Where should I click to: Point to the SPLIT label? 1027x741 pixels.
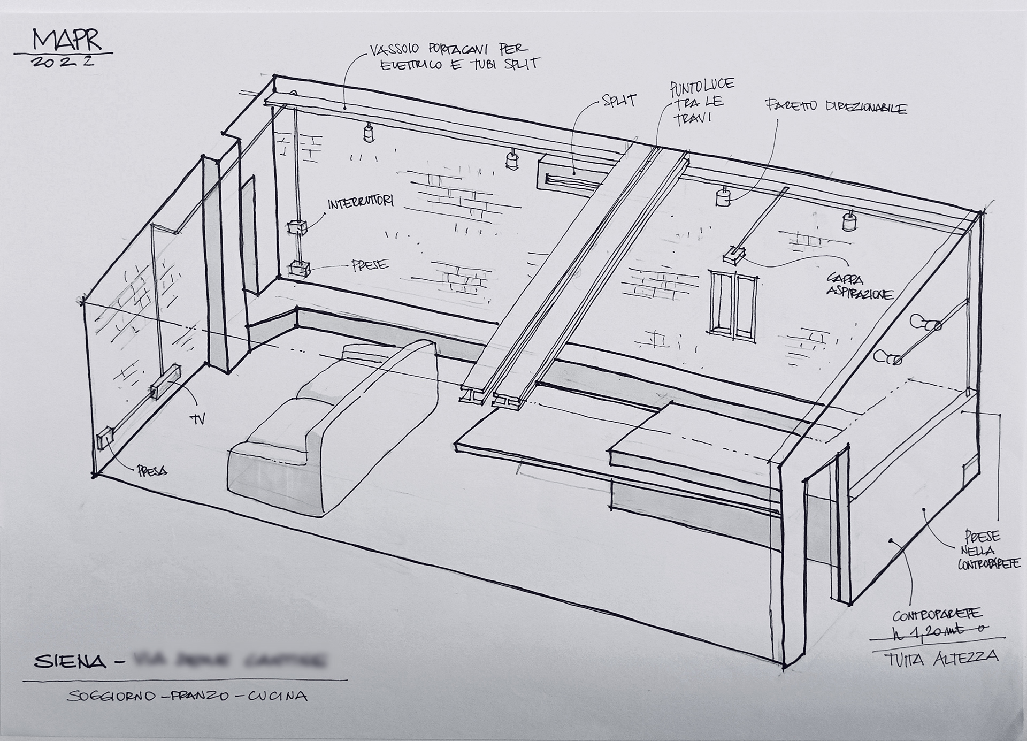(x=619, y=100)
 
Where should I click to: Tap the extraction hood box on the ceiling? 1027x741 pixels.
(x=735, y=256)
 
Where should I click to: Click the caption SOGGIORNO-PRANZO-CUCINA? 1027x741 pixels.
(x=187, y=696)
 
